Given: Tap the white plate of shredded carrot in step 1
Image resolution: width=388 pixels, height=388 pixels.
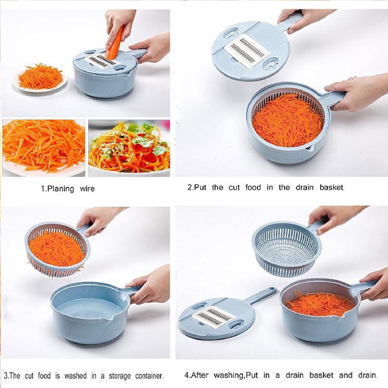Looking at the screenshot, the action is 40,80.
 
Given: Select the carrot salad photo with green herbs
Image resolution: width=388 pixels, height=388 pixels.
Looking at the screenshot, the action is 129,148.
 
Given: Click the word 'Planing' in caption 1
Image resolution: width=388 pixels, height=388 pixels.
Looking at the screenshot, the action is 60,189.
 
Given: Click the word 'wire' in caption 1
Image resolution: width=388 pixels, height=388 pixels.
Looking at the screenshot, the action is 87,189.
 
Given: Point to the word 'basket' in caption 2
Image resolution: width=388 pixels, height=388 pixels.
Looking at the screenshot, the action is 331,187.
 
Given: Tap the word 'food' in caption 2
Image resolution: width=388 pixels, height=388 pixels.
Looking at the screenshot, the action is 253,187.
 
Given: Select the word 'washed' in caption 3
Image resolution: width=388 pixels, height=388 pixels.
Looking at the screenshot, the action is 75,376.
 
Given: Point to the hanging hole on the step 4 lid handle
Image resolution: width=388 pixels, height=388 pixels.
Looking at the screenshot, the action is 272,289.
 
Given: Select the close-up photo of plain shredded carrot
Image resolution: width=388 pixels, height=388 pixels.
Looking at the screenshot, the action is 44,148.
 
